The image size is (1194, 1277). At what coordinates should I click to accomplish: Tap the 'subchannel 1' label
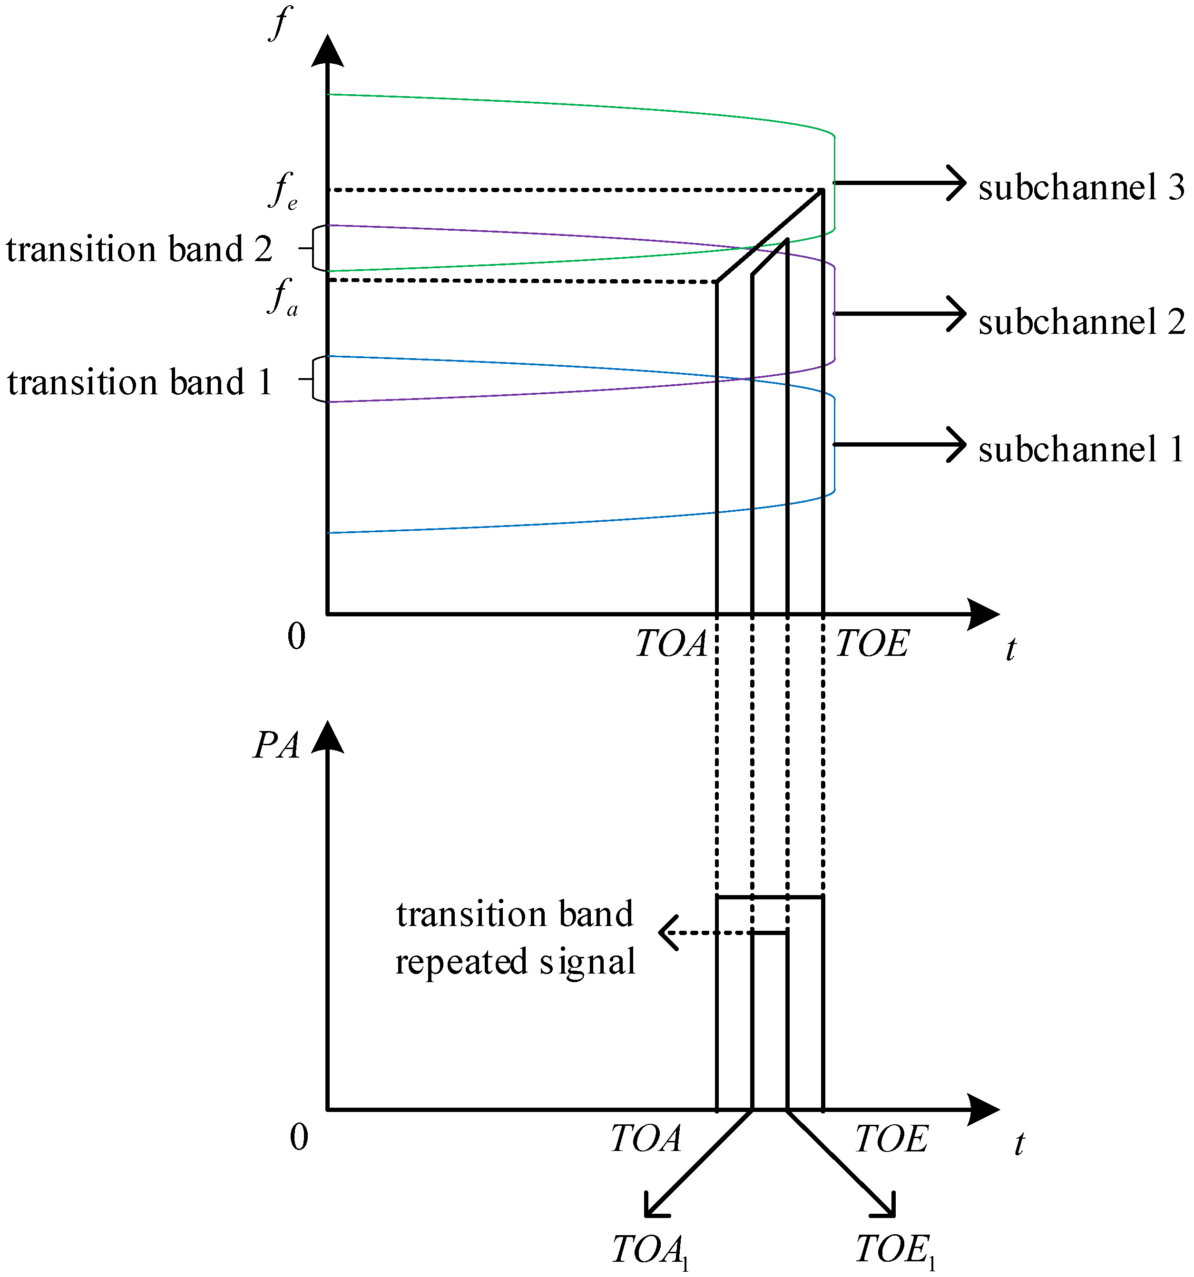click(1081, 448)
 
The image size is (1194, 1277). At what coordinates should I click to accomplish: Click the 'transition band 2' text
click(139, 249)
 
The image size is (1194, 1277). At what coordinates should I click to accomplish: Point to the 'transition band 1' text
click(139, 382)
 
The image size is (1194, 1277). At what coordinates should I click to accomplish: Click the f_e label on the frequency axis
click(283, 191)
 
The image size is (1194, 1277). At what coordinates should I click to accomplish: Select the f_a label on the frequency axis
click(283, 297)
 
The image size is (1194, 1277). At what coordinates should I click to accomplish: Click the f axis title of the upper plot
click(280, 23)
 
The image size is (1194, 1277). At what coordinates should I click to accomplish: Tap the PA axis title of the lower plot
click(276, 746)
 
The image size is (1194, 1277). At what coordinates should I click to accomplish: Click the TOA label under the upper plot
click(671, 643)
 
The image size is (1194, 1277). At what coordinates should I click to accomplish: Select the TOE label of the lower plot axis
click(892, 1139)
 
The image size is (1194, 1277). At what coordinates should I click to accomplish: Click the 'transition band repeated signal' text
click(515, 938)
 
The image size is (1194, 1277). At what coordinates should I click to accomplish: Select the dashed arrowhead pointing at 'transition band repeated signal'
click(667, 933)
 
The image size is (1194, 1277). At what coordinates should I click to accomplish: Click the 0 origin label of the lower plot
click(299, 1138)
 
